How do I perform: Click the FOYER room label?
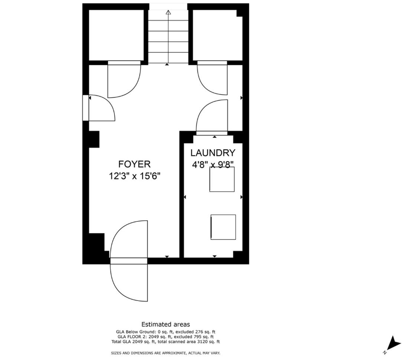coord(134,164)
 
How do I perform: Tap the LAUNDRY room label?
coord(213,153)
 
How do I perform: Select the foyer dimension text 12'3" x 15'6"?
coord(135,176)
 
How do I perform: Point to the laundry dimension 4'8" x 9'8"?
coord(213,164)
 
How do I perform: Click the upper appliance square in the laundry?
coord(222,179)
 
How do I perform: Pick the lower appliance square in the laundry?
coord(223,227)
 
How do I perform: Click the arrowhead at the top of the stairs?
coord(168,12)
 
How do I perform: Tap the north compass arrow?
coord(393,343)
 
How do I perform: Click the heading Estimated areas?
coord(166,324)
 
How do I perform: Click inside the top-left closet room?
coord(116,35)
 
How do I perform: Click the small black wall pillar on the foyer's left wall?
coord(94,139)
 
